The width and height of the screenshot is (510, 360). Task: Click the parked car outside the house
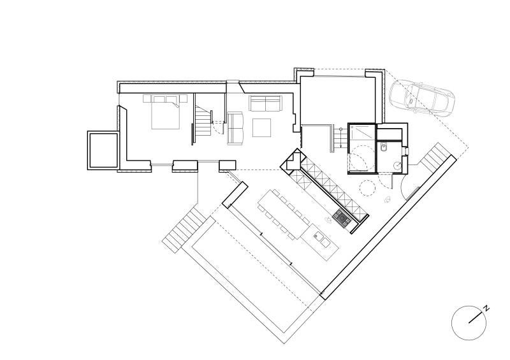421,98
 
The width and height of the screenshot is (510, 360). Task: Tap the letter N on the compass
486,308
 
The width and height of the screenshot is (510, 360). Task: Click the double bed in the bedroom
166,112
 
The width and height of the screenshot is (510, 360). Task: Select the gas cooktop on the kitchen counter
342,217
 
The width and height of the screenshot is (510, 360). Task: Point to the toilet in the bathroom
384,147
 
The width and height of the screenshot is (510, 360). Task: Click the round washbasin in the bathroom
397,165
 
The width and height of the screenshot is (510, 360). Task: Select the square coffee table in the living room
261,128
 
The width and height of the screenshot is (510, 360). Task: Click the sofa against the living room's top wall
265,104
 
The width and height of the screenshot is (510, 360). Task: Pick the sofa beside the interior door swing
235,128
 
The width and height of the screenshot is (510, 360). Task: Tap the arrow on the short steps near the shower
340,138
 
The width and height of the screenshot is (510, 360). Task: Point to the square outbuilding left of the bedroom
103,150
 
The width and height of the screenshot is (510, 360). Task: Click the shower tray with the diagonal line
362,134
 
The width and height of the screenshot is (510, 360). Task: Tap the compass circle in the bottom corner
469,323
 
